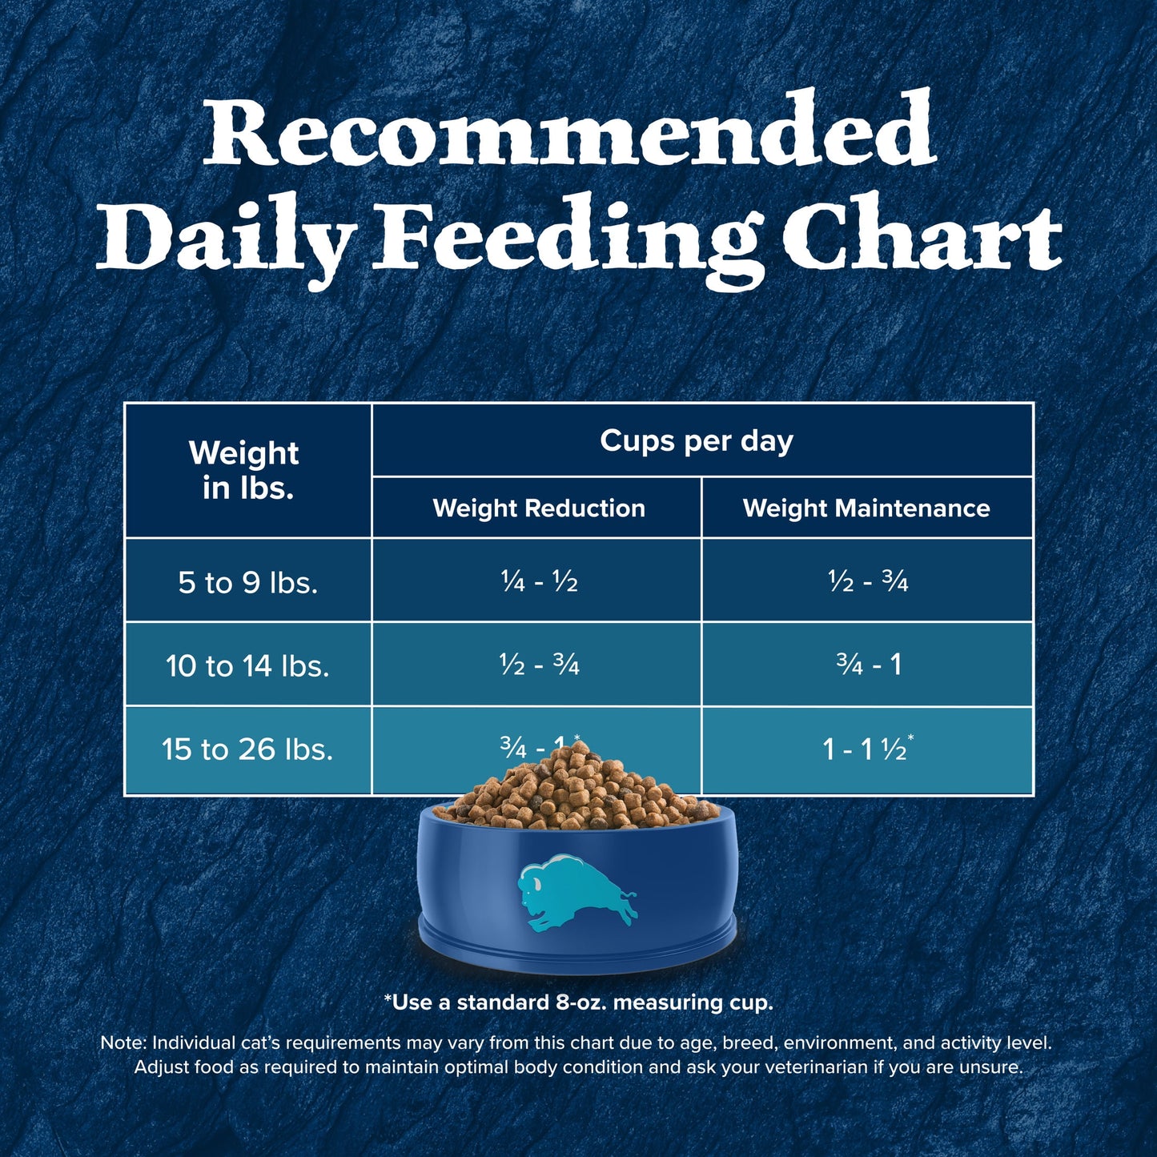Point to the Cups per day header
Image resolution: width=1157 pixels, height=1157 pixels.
click(x=697, y=440)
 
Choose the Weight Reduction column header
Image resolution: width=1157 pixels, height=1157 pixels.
click(x=538, y=508)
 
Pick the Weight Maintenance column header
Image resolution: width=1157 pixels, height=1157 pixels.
click(x=866, y=508)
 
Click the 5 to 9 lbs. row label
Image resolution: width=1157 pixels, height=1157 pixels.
click(x=247, y=582)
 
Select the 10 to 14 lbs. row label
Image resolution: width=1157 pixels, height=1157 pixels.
click(x=247, y=665)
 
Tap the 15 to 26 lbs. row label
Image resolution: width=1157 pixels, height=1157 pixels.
click(x=247, y=749)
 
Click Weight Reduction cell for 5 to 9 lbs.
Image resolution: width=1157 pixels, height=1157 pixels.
click(x=538, y=582)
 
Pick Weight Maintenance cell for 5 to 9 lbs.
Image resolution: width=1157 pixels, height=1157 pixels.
click(x=868, y=582)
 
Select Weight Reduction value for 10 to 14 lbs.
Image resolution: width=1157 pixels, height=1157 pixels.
click(x=538, y=665)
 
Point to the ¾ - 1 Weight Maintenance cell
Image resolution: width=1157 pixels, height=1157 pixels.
click(x=868, y=665)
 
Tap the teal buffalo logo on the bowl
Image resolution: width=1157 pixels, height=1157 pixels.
click(x=575, y=894)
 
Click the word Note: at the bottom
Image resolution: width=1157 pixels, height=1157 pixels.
click(x=123, y=1043)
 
